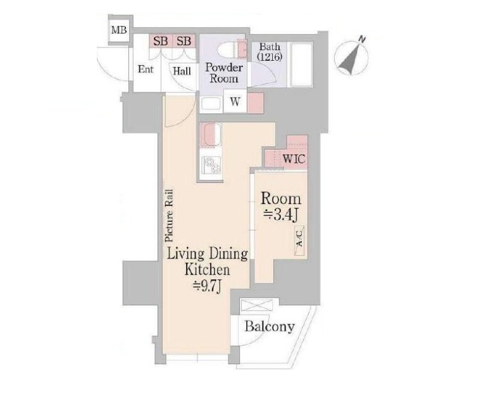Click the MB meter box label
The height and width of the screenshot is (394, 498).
click(119, 30)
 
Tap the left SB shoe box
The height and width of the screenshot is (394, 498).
click(161, 41)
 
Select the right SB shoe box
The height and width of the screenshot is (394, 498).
click(184, 41)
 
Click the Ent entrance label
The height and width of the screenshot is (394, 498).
click(146, 69)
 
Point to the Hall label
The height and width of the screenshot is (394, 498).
click(182, 71)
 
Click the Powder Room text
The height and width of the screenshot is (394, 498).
click(224, 73)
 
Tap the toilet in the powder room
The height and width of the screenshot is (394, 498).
click(232, 49)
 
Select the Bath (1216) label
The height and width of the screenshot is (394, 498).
click(270, 51)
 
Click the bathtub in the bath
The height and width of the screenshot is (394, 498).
click(302, 64)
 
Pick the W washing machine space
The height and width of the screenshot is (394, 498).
click(235, 101)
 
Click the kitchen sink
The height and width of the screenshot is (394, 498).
click(210, 134)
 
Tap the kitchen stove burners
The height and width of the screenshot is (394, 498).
click(211, 165)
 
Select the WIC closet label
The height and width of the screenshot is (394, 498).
click(294, 158)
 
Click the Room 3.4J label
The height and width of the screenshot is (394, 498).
click(281, 207)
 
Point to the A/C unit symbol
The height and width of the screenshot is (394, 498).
click(299, 241)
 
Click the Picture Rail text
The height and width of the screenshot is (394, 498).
click(170, 215)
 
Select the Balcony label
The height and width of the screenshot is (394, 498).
click(270, 326)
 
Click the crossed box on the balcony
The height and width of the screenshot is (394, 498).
click(257, 305)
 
